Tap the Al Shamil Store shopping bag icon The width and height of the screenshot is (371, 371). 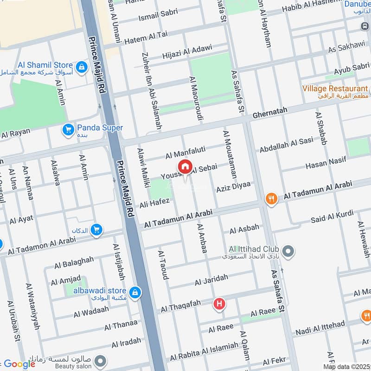coord(82,67)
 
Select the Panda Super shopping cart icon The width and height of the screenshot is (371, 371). coord(69,129)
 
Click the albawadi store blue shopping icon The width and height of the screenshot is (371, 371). coord(135,292)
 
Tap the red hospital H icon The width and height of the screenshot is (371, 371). coord(219,304)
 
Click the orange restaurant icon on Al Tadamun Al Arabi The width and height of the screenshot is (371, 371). coord(271,198)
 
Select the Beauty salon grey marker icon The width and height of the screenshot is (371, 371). coord(99,360)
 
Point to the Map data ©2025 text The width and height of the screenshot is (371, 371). coord(346,366)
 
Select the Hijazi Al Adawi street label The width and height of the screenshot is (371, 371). coord(187,51)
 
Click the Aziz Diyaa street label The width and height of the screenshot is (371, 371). coord(233,187)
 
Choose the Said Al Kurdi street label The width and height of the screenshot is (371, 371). coord(332,216)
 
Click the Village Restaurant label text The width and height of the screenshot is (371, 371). coord(335,88)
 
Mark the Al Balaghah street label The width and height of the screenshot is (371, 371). coord(74,263)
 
